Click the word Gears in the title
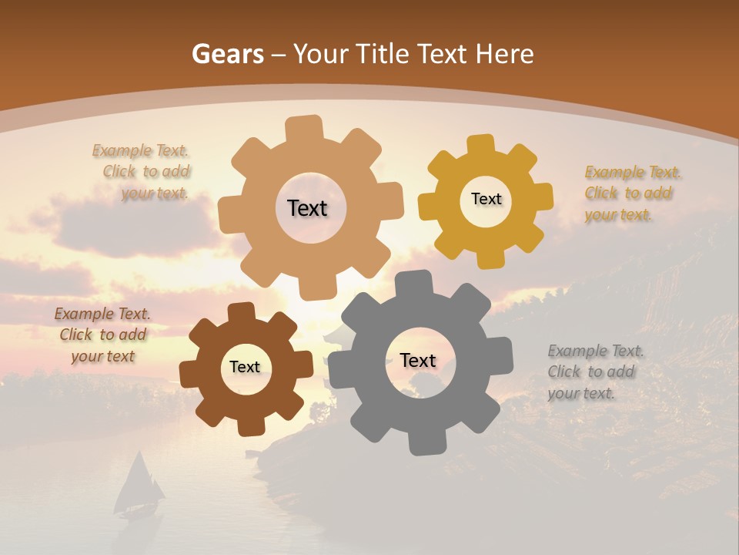(x=226, y=54)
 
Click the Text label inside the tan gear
(x=307, y=208)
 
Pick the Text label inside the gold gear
(x=486, y=199)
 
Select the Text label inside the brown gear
(x=245, y=367)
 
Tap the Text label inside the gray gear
(x=418, y=360)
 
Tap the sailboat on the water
(x=139, y=486)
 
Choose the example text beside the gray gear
(x=594, y=372)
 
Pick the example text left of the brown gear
(x=103, y=335)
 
